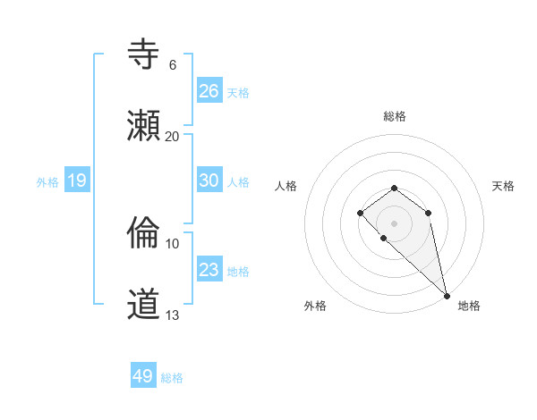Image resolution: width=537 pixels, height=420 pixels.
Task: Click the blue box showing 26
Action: click(209, 91)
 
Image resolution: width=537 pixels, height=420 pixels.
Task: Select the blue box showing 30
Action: click(209, 181)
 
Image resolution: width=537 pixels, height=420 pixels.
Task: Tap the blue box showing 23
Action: click(209, 270)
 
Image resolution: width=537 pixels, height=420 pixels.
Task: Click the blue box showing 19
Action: click(76, 181)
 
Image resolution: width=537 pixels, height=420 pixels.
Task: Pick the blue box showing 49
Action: click(142, 376)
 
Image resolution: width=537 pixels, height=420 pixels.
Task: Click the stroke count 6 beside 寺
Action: click(173, 65)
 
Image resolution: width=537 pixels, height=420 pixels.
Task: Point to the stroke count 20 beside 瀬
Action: click(173, 136)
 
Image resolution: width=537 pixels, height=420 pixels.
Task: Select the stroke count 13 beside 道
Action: click(173, 315)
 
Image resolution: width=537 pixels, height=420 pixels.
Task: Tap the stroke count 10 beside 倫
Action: click(173, 243)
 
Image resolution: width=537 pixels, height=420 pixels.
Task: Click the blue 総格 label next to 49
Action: click(172, 378)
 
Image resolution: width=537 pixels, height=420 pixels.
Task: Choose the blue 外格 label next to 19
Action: click(47, 182)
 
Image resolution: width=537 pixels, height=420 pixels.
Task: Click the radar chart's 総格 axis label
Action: click(394, 116)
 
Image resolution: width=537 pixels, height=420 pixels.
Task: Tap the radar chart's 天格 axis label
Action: click(503, 186)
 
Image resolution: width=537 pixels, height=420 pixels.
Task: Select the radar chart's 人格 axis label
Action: click(286, 186)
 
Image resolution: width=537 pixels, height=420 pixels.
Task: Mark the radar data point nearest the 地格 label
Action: click(447, 295)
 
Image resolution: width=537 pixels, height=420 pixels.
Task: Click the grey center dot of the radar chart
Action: click(394, 223)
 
